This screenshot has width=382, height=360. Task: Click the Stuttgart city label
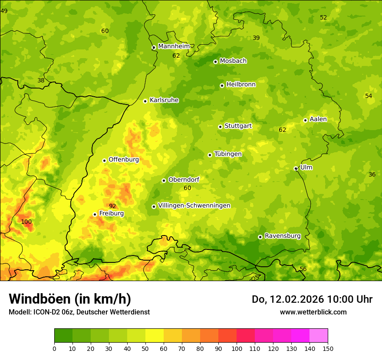[238, 126]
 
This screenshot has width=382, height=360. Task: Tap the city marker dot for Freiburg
[95, 214]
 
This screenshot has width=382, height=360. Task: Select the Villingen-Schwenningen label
[194, 206]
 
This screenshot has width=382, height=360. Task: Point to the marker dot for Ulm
[296, 168]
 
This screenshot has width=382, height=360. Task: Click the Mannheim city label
[174, 46]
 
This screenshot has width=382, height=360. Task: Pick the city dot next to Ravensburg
[260, 237]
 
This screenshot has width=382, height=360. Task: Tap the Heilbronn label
[241, 85]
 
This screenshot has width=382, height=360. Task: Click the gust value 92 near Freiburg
[112, 206]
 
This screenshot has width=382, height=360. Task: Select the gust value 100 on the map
[26, 222]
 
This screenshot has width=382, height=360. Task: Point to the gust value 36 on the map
[372, 174]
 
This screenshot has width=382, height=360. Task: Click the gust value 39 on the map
[256, 38]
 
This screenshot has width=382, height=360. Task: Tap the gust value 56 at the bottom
[303, 269]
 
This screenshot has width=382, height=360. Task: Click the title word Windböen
[40, 299]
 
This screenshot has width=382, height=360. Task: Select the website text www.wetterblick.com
[313, 312]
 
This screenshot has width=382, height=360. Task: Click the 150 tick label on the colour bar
[328, 348]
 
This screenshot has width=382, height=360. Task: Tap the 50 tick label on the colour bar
[145, 348]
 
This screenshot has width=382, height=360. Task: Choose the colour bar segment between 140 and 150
[319, 336]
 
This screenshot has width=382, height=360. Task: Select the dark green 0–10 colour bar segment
[63, 336]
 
